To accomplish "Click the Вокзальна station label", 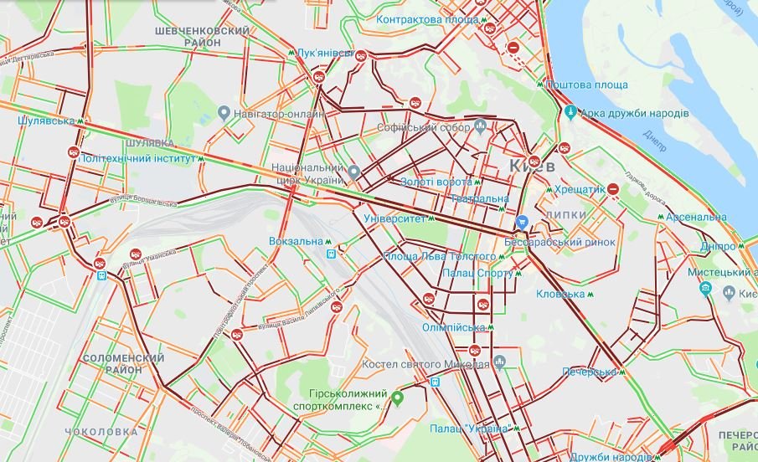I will click(296, 241).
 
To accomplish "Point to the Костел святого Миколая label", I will click(425, 364).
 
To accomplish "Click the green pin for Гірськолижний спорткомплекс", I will click(398, 397).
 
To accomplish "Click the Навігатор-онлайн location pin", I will click(224, 112).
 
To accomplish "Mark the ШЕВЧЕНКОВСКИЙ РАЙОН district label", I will click(203, 37).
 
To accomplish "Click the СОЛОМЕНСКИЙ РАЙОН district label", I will click(121, 364).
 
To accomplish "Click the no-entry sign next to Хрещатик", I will click(614, 190).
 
